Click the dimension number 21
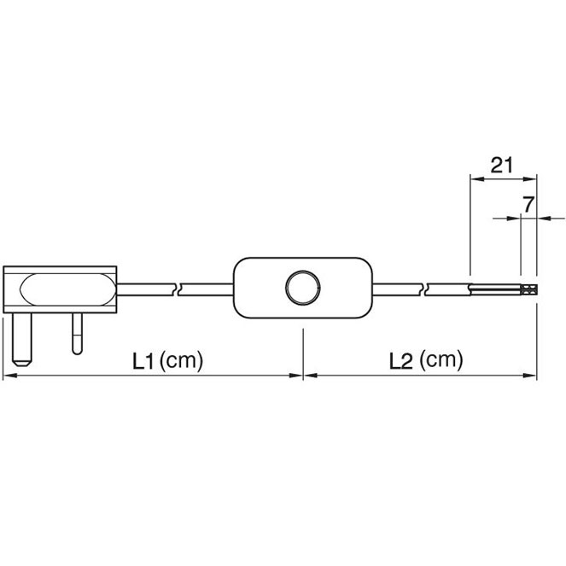point(501,166)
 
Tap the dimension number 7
point(528,205)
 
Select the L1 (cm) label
point(168,360)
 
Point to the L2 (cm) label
point(426,360)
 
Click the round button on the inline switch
point(302,288)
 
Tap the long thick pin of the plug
point(21,339)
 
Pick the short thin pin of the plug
point(77,334)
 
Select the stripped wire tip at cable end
point(528,289)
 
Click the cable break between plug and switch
point(177,289)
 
